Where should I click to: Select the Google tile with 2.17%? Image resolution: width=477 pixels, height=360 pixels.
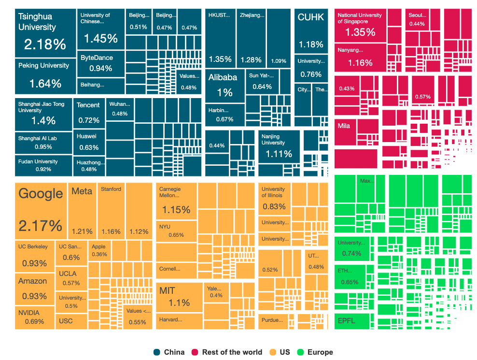(41, 211)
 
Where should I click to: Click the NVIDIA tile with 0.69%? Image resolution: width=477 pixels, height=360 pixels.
(35, 317)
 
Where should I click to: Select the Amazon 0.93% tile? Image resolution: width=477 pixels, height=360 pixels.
(34, 288)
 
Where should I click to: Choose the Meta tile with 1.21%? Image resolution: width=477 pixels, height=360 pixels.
(82, 211)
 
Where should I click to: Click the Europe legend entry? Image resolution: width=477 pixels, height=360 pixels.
(315, 352)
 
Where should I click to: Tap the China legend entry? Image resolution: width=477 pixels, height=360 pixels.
(169, 352)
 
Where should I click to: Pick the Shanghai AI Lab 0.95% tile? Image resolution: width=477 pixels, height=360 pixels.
(43, 142)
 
